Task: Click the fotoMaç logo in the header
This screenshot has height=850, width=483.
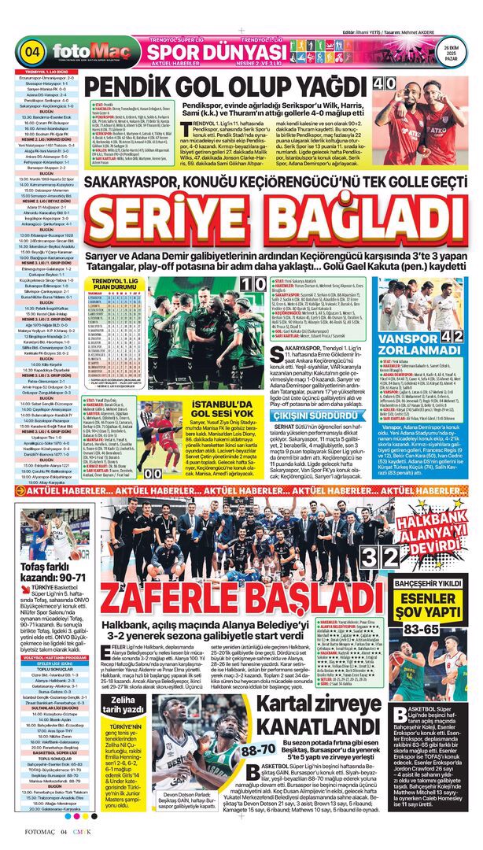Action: point(87,52)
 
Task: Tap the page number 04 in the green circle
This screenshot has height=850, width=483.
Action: point(32,52)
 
